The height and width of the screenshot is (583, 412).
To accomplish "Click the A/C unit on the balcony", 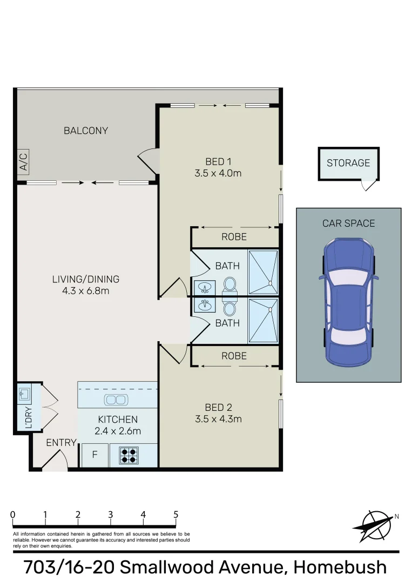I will (x=23, y=161).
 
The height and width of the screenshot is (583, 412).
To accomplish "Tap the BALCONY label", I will (x=86, y=131).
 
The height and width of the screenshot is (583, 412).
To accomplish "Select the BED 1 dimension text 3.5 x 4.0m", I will (x=218, y=173).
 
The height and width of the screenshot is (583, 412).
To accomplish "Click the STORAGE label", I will (x=348, y=162).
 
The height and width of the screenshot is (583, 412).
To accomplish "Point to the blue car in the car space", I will (x=348, y=302).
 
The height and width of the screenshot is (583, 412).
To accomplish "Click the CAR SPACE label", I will (x=348, y=223).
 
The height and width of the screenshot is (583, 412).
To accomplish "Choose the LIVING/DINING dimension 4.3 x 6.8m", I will (x=86, y=291).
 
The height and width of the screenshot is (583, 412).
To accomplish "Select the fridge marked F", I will (x=94, y=455).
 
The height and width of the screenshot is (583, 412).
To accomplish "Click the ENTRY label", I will (x=61, y=443).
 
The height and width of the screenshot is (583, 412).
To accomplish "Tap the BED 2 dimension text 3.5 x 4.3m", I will (x=218, y=419).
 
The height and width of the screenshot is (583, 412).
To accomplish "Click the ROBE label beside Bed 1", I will (x=234, y=236).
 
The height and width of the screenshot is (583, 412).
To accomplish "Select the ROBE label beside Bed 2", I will (x=234, y=356).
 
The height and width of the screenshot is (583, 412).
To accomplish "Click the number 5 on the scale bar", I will (x=176, y=514).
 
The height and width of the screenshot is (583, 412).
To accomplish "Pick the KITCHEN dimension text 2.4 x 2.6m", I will (x=118, y=431).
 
